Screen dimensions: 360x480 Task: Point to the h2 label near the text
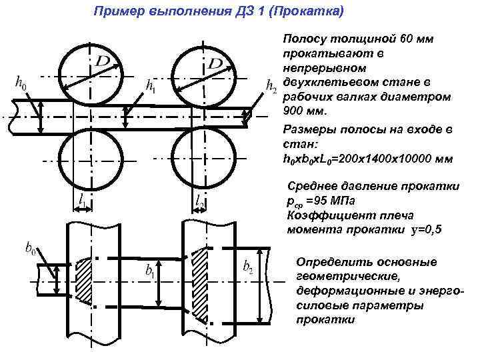(x=271, y=85)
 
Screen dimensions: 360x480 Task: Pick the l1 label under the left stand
(x=81, y=199)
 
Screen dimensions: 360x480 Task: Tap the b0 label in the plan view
(x=31, y=249)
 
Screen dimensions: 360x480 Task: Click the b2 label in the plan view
(x=247, y=268)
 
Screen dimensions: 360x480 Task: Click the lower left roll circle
(x=91, y=159)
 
